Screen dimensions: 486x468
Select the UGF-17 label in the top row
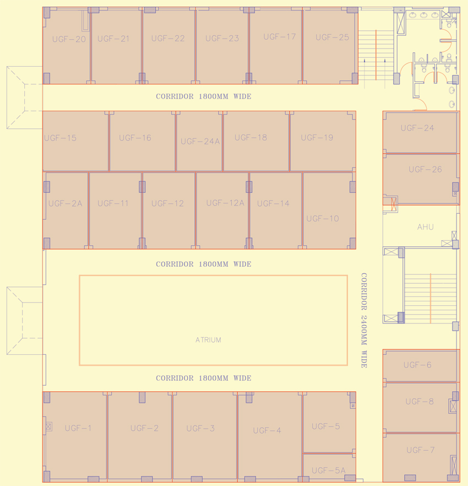pyautogui.click(x=279, y=37)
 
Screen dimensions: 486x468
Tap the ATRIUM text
pyautogui.click(x=208, y=340)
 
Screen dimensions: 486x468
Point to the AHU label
pyautogui.click(x=425, y=227)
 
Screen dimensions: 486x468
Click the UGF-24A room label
pyautogui.click(x=200, y=142)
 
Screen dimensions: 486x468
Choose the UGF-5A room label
pyautogui.click(x=328, y=471)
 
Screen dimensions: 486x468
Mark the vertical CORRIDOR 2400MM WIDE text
pyautogui.click(x=363, y=320)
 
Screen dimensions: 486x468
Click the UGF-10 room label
pyautogui.click(x=323, y=219)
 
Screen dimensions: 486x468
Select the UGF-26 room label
pyautogui.click(x=425, y=170)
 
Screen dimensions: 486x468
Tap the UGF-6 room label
pyautogui.click(x=417, y=365)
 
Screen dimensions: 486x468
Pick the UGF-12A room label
pyautogui.click(x=225, y=203)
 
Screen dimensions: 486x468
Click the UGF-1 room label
pyautogui.click(x=78, y=428)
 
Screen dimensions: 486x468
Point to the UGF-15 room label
pyautogui.click(x=60, y=138)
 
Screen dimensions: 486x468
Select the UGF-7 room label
pyautogui.click(x=421, y=450)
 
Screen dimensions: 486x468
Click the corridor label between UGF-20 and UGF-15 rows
pyautogui.click(x=203, y=96)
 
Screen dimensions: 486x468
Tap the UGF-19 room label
pyautogui.click(x=317, y=138)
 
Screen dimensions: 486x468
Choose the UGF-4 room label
pyautogui.click(x=267, y=430)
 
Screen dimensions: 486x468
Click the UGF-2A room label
pyautogui.click(x=65, y=203)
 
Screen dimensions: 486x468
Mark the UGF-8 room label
pyautogui.click(x=420, y=402)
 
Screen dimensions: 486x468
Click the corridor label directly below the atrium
pyautogui.click(x=203, y=379)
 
